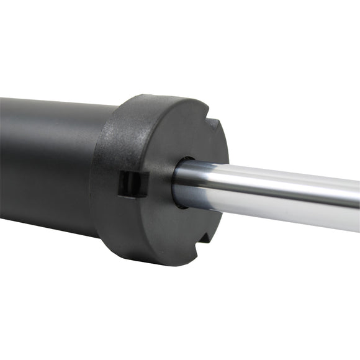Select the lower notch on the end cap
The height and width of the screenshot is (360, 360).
point(203,250)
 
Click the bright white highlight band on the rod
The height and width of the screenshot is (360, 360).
point(279,186)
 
